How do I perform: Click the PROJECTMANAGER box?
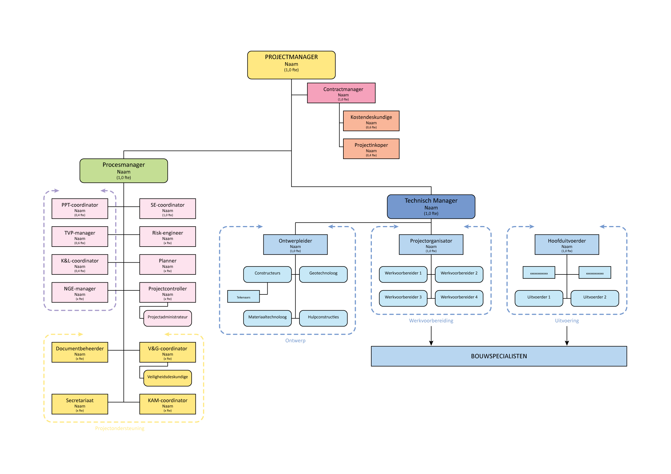(291, 65)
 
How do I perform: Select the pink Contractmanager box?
(341, 93)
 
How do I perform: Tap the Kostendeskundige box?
(371, 121)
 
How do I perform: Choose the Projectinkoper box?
(371, 149)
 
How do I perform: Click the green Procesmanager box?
(124, 171)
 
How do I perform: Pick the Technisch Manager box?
(431, 207)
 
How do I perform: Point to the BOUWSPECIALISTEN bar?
(499, 356)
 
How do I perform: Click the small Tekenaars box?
(243, 296)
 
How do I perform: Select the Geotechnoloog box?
(323, 274)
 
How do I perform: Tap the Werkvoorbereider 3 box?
(403, 298)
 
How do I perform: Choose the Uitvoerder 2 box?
(594, 298)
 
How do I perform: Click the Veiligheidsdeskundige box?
(167, 378)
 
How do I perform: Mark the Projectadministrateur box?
(167, 318)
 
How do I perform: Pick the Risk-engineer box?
(167, 236)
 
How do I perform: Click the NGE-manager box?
(80, 292)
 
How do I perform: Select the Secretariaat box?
(80, 404)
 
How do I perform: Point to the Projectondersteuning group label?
(119, 428)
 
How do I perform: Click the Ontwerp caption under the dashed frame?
(295, 341)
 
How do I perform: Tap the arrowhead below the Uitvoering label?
(567, 343)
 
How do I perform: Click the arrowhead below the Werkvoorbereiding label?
(431, 343)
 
